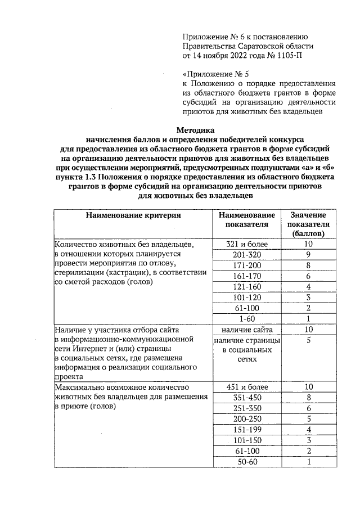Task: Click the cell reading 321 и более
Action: [247, 245]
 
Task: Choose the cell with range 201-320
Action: [247, 255]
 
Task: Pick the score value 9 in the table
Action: [308, 255]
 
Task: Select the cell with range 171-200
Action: [247, 265]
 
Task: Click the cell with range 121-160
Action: [247, 287]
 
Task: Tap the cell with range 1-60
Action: [247, 318]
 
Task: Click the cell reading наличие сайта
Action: [247, 330]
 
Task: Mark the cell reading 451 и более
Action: [247, 387]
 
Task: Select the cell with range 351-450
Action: [247, 398]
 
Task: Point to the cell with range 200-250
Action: [247, 419]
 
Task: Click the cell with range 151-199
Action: [247, 430]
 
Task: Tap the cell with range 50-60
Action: [247, 462]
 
